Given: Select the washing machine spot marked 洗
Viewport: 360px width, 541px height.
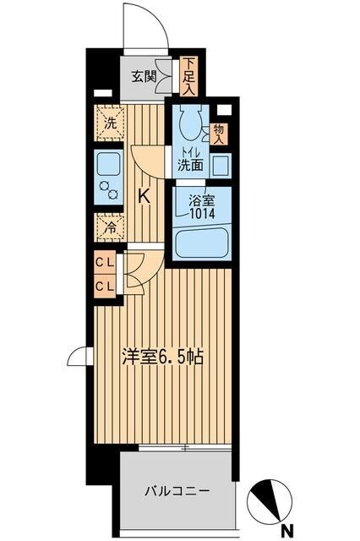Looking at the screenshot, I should click(x=109, y=123).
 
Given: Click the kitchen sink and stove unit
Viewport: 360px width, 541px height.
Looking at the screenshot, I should click(x=109, y=177).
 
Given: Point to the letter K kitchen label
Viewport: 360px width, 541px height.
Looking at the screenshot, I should click(x=144, y=196).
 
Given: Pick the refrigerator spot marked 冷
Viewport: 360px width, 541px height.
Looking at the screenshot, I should click(x=109, y=226).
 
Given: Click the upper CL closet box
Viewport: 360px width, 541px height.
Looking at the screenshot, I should click(x=106, y=262).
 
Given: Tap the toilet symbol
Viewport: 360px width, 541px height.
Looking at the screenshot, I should click(x=189, y=126).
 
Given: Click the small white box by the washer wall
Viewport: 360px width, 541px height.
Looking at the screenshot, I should click(x=102, y=94).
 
